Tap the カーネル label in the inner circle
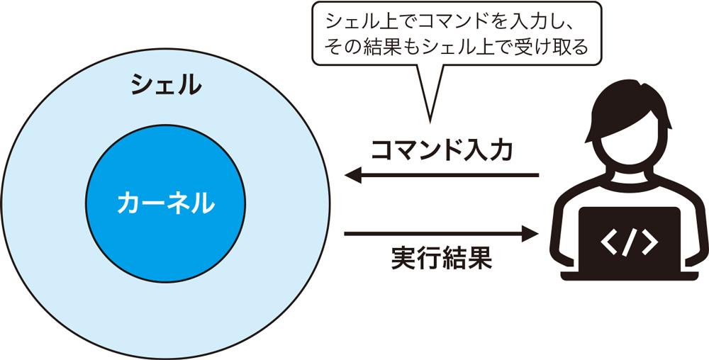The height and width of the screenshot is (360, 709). click(167, 203)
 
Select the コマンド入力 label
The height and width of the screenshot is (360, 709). click(441, 150)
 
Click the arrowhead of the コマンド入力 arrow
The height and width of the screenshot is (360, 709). click(352, 175)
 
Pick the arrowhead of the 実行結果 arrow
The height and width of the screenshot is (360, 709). click(531, 232)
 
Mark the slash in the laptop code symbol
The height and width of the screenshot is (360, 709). click(629, 242)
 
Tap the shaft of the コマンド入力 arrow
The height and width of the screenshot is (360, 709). click(454, 175)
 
